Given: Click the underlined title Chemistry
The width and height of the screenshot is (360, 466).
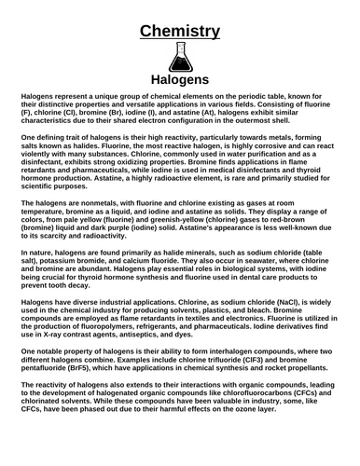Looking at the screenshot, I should point(179,31).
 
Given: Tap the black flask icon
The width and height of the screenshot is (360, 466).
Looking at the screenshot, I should point(179,59).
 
